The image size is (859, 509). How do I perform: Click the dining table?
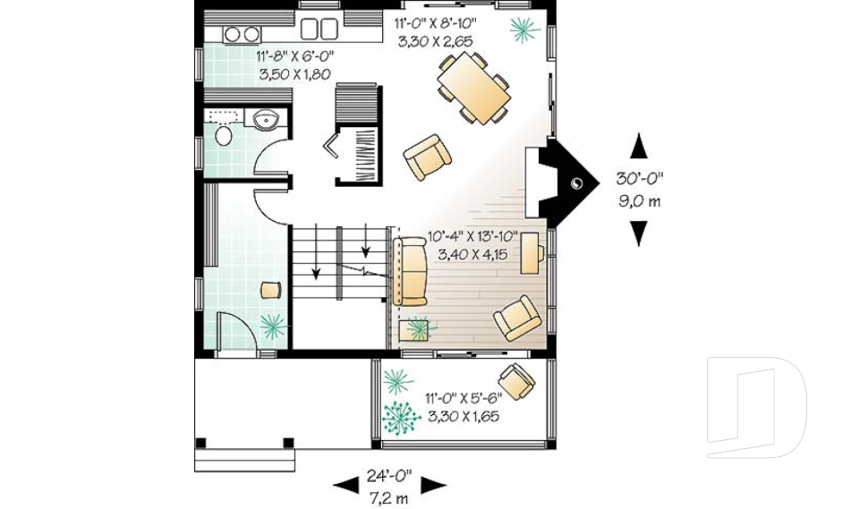pos(474,88)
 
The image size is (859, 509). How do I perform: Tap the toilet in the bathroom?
pos(224,135)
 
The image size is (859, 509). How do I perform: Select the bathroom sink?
pos(268,119)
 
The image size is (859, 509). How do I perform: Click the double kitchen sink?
pos(319,29)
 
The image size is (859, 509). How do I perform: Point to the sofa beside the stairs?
pos(410,272)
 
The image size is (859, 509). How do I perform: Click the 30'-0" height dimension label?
pos(639,178)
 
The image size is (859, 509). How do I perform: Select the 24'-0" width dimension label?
pos(389,476)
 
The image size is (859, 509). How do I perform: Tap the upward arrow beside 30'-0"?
pos(639,146)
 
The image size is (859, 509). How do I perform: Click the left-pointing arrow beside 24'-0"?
pos(346,484)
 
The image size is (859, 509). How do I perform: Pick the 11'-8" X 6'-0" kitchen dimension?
pos(294,55)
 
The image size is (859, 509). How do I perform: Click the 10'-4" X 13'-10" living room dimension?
pos(472,237)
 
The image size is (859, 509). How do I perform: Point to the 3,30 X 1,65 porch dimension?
pos(463,416)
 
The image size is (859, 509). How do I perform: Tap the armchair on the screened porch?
pos(516,381)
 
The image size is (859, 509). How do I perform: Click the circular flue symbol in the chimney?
pos(576,184)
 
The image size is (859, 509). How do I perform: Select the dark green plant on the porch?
pos(401,418)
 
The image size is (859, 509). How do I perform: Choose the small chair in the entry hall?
pos(271,289)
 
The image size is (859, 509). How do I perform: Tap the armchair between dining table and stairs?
pos(428,157)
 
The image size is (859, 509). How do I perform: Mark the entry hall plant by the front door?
pos(273,326)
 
